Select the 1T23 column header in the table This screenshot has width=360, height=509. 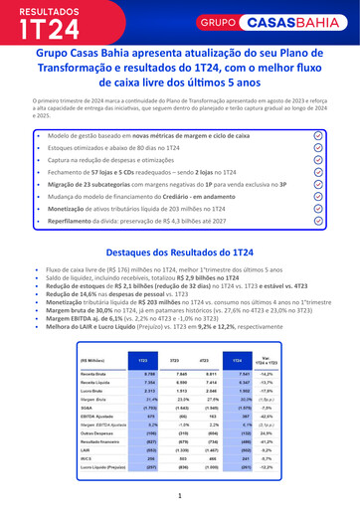143,360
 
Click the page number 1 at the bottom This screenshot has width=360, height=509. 180,494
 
